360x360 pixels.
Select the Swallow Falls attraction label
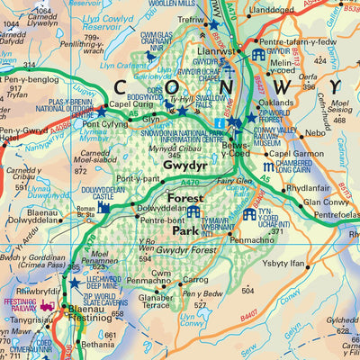tap(211, 101)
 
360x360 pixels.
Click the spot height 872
tap(80, 171)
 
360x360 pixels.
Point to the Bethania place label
tap(97, 344)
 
